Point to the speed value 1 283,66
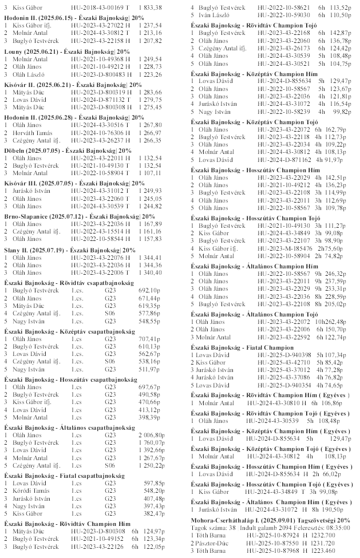click(151, 92)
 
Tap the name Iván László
click(211, 14)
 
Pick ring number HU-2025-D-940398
click(277, 355)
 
